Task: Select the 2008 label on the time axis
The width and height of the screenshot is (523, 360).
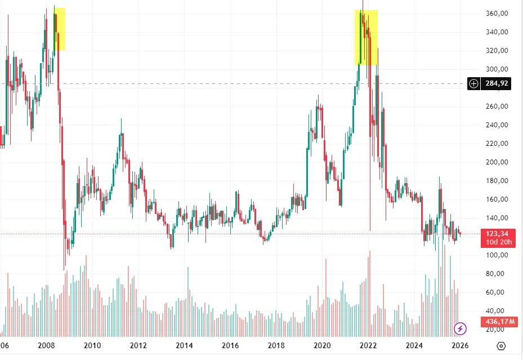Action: [46, 345]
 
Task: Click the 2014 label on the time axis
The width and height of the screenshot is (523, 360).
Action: [184, 345]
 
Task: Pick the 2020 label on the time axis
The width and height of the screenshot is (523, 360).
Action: [321, 345]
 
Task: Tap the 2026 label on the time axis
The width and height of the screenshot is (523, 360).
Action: [459, 345]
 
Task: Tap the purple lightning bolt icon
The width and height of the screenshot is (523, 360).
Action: [461, 328]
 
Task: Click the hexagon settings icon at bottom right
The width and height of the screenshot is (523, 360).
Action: [502, 345]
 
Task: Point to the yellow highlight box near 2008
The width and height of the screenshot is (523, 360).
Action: [60, 29]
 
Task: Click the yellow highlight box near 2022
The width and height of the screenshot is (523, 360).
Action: [366, 37]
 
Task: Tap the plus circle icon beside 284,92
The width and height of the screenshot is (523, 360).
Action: [474, 84]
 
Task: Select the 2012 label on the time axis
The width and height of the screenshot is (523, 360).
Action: [138, 345]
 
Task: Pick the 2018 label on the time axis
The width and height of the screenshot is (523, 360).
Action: [276, 345]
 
